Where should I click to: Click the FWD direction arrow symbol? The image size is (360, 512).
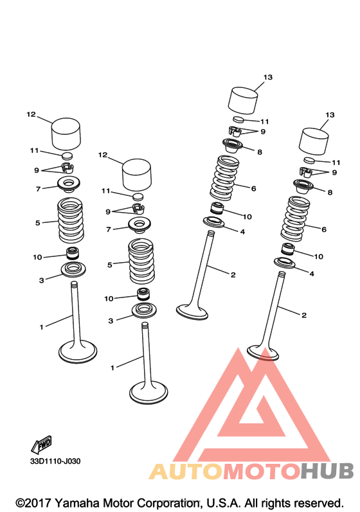click(x=41, y=445)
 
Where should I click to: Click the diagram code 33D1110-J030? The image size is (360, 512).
click(x=55, y=461)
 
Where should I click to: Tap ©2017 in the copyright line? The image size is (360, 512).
click(x=33, y=503)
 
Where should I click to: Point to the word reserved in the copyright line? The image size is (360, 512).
click(x=318, y=503)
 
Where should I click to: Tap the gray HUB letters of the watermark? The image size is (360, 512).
click(x=327, y=471)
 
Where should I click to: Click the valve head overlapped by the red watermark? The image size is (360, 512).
click(x=263, y=353)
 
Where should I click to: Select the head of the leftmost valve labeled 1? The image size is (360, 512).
click(x=78, y=352)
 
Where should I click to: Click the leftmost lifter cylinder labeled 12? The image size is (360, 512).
click(x=66, y=133)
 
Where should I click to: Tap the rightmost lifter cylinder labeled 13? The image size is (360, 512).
click(x=314, y=141)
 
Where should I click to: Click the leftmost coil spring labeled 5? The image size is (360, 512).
click(x=71, y=220)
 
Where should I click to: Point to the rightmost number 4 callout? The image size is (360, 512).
click(x=312, y=274)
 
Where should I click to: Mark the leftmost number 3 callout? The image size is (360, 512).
click(x=42, y=280)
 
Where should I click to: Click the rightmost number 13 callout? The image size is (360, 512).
click(x=330, y=115)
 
